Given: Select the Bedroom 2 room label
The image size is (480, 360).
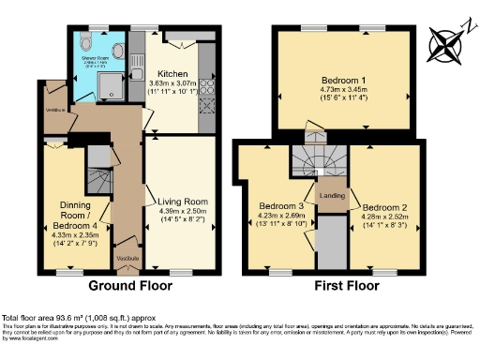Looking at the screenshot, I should click(384, 207).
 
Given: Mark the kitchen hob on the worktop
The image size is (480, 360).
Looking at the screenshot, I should click(206, 90).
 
